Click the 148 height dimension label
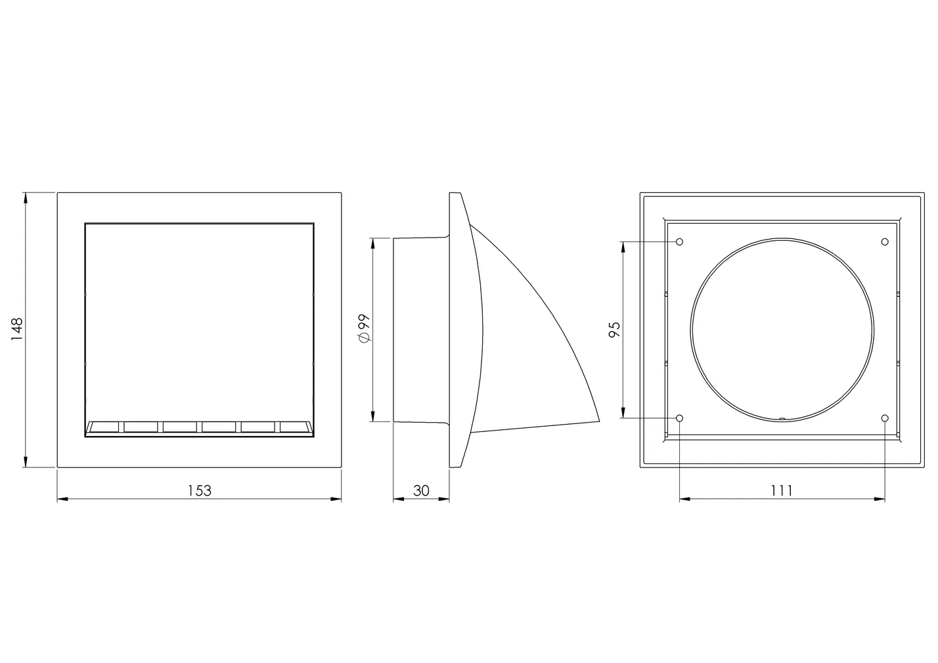coord(17,329)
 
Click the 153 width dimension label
coord(199,490)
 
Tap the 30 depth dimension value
coord(421,490)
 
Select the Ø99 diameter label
coord(365,328)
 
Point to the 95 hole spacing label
coord(614,330)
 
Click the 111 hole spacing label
coord(782,490)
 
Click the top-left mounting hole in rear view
coord(680,242)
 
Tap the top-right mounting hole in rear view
coord(885,242)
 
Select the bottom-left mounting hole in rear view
coord(680,418)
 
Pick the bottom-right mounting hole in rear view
coord(885,418)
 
